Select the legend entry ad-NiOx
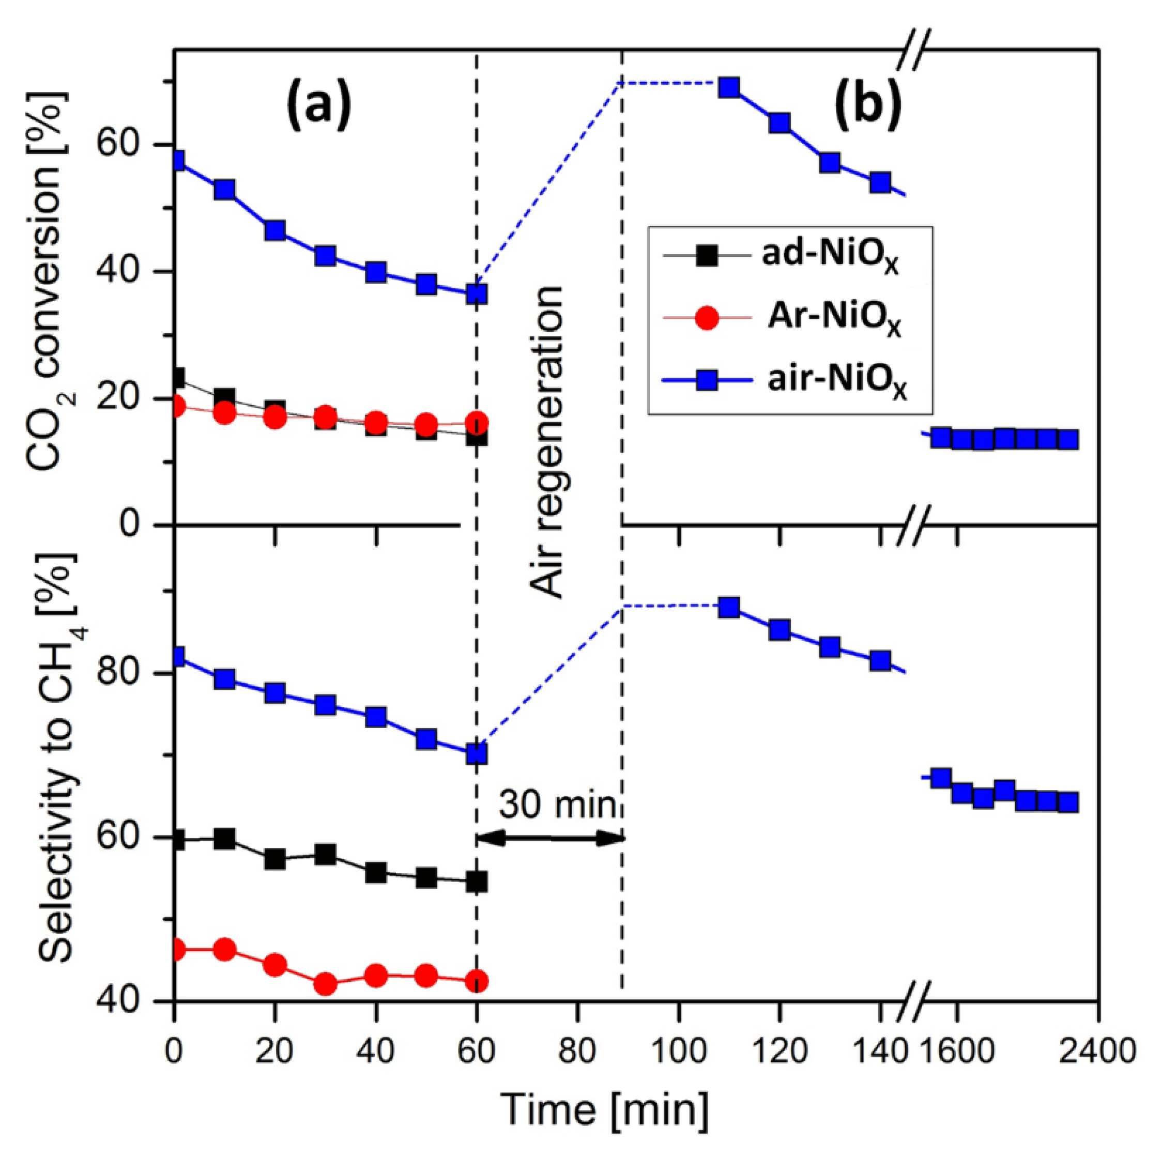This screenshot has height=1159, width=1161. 829,257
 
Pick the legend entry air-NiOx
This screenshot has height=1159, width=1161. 835,382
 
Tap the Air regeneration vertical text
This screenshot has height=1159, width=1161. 547,442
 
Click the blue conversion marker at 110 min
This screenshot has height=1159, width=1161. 729,88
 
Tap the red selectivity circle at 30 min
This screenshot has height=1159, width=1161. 326,984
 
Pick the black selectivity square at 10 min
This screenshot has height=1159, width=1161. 225,839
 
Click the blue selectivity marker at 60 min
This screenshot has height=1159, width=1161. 477,753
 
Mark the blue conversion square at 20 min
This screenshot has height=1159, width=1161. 275,231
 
